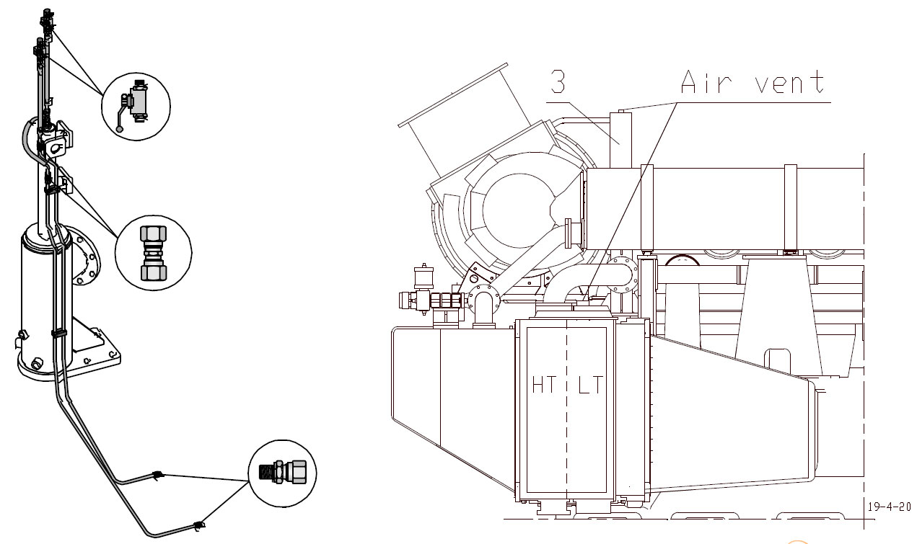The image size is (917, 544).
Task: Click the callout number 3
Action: (558, 82)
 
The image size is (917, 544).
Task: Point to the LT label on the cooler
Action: (589, 385)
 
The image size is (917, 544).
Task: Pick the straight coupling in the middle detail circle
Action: (153, 253)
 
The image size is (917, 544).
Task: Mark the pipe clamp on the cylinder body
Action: (58, 333)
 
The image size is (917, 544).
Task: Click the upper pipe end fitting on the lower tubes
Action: (157, 475)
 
